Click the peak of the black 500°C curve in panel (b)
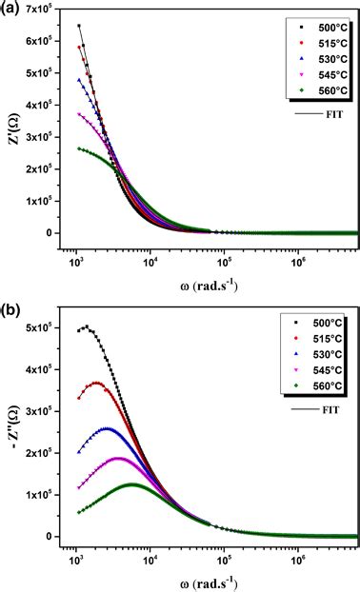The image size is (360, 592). point(87,326)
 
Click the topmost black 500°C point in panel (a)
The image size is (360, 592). point(79,26)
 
